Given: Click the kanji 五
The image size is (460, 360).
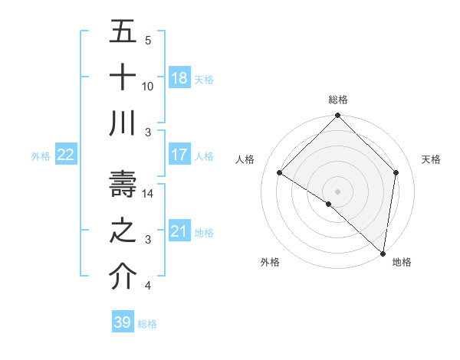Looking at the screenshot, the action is (123, 31).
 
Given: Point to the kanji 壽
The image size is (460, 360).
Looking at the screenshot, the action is (123, 185).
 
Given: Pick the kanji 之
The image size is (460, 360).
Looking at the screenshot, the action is (123, 231).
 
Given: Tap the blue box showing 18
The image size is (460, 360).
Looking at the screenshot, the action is (179, 78).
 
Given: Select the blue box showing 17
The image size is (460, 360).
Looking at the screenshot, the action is (179, 155).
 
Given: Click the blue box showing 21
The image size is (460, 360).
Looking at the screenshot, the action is (179, 231).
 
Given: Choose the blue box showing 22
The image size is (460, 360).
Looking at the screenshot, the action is (66, 155).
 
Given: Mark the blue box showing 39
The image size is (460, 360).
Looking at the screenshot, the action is (123, 322).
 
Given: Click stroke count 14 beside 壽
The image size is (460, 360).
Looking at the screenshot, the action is (148, 194).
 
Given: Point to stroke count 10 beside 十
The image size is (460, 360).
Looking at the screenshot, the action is (148, 87).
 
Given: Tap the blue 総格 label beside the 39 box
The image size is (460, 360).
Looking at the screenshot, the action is (148, 324).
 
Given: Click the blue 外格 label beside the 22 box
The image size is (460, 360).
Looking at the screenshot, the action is (41, 156).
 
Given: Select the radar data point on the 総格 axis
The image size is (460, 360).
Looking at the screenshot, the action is (337, 116).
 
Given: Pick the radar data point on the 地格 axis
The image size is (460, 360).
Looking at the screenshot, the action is (383, 253).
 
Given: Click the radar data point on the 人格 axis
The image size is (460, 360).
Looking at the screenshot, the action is (280, 173).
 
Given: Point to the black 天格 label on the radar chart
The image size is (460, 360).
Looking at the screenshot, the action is (432, 159).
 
